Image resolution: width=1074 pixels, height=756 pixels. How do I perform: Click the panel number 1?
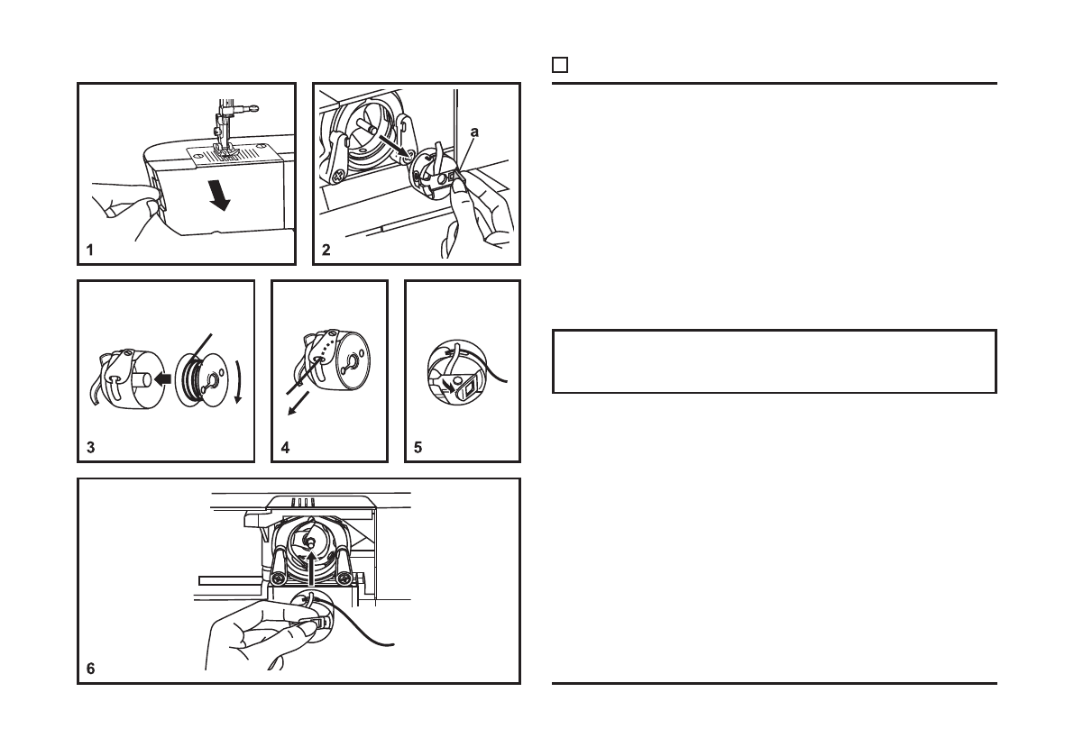(x=90, y=250)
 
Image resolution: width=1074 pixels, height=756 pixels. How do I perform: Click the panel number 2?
(x=326, y=250)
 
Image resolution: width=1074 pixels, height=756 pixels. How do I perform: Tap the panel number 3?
(x=90, y=448)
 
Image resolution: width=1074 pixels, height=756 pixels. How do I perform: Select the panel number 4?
(x=286, y=448)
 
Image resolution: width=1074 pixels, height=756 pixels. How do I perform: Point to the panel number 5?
(x=418, y=448)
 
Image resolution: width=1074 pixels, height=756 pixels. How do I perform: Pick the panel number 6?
(x=90, y=669)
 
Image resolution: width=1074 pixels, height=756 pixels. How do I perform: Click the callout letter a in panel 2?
(x=474, y=132)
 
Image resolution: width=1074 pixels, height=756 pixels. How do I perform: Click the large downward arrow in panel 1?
(x=219, y=195)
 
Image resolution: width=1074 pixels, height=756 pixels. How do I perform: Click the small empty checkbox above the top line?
(x=560, y=65)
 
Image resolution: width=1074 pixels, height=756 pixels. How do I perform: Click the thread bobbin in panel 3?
(x=200, y=379)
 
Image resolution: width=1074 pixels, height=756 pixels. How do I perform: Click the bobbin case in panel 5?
(x=456, y=370)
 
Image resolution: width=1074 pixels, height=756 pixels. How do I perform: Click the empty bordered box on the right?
(x=774, y=362)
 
